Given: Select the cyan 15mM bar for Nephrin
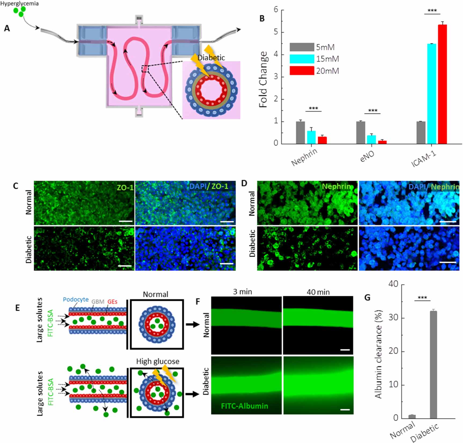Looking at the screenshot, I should tap(311, 137).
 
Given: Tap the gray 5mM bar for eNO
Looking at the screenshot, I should tap(360, 133).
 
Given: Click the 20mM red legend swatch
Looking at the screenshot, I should tap(302, 71).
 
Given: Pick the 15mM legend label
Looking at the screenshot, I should tap(327, 59).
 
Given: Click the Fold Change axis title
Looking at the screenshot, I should tap(264, 79).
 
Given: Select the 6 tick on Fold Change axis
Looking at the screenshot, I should tap(276, 10).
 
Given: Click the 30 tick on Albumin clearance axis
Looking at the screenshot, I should tap(393, 318).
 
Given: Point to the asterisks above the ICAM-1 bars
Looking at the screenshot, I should tap(432, 11).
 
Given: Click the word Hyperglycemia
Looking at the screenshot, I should tap(19, 3).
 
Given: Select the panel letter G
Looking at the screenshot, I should tap(367, 297).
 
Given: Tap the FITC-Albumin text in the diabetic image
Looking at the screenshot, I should tap(244, 406).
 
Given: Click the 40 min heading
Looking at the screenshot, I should tap(318, 292).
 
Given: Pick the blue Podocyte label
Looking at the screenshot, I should tap(76, 299).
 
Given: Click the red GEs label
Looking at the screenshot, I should tap(112, 302).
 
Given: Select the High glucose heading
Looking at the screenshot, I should tap(158, 361).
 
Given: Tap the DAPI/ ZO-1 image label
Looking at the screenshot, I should tap(209, 186).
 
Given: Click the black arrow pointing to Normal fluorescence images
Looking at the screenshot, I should tap(192, 325).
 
